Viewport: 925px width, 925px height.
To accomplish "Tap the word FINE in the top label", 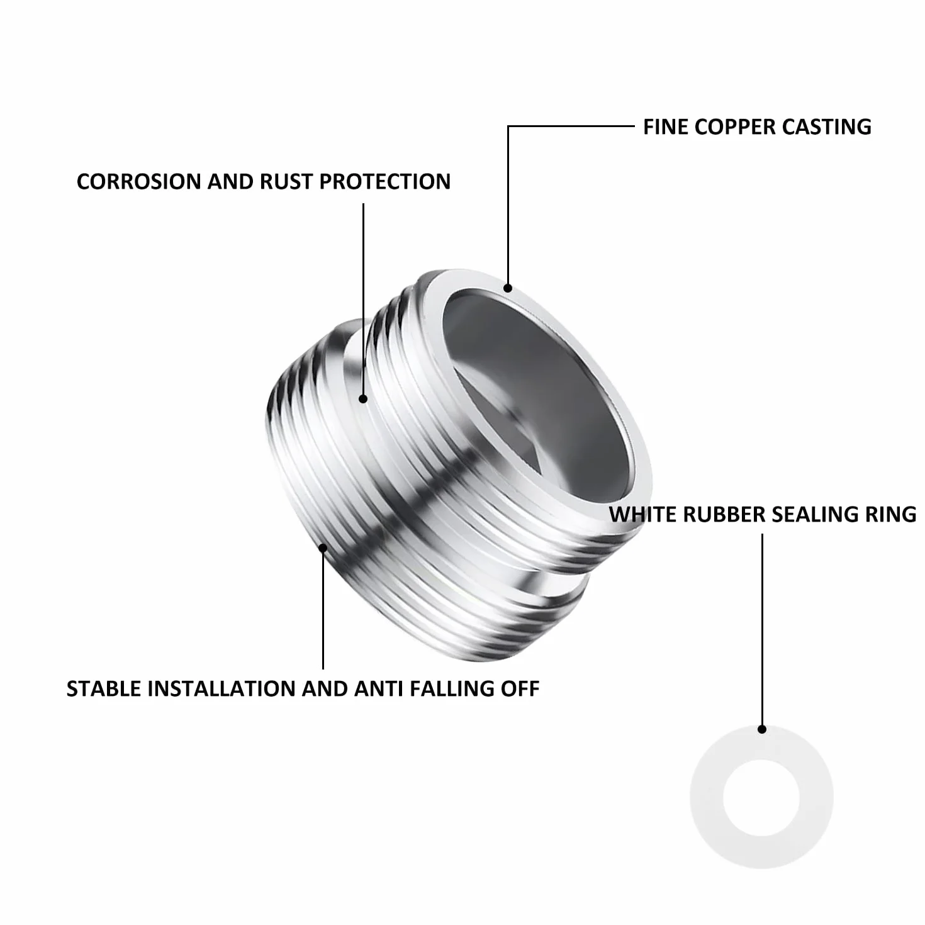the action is pyautogui.click(x=665, y=126).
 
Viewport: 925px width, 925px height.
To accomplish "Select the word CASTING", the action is pyautogui.click(x=827, y=126).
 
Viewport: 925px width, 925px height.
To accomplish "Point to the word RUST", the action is pyautogui.click(x=286, y=181).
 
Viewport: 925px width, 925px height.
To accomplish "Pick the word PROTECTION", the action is pyautogui.click(x=385, y=181).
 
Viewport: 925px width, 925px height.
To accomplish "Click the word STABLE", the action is pyautogui.click(x=103, y=689).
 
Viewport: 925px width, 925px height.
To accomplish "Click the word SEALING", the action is pyautogui.click(x=814, y=514).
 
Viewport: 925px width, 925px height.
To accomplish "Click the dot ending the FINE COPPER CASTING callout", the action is pyautogui.click(x=508, y=288).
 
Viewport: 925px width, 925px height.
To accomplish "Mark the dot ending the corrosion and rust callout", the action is pyautogui.click(x=363, y=399).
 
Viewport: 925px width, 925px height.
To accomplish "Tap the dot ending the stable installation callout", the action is pyautogui.click(x=323, y=548).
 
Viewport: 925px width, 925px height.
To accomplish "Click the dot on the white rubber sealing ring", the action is pyautogui.click(x=762, y=729).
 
